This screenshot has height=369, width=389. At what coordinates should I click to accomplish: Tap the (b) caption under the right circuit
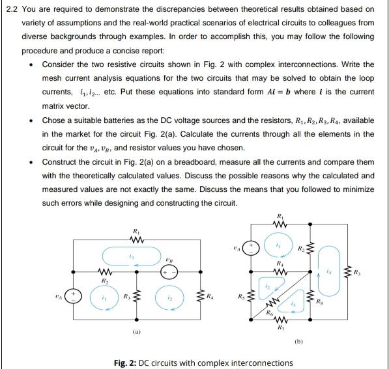[x=299, y=340]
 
